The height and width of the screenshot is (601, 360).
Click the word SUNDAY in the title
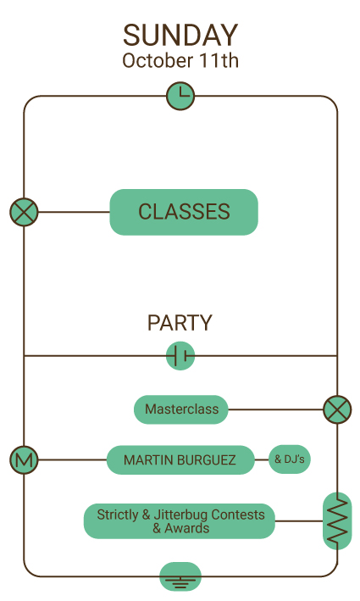tap(180, 36)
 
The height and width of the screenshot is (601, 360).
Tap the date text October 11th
tap(180, 60)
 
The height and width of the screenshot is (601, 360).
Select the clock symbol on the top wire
tap(180, 96)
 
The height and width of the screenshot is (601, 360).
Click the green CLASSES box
tap(184, 212)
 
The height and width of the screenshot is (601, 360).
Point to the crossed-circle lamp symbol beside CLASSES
tap(24, 212)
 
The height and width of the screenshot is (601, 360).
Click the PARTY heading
tap(180, 323)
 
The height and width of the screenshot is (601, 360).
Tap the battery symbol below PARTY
tap(180, 356)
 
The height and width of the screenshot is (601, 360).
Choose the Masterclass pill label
tap(181, 409)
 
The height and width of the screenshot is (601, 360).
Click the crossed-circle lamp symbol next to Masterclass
tap(337, 409)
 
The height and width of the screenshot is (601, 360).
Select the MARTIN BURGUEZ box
tap(180, 459)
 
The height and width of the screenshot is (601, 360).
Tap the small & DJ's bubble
tap(290, 459)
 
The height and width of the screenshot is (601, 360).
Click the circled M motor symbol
tap(24, 459)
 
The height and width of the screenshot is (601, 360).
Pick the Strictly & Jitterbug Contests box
tap(180, 520)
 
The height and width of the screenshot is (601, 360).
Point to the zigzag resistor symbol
tap(337, 520)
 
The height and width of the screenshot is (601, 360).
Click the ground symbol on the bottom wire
tap(180, 576)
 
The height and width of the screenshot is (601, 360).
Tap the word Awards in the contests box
tap(187, 528)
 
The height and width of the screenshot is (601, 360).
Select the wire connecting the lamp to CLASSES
tap(74, 212)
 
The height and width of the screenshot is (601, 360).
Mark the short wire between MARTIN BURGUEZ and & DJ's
tap(262, 459)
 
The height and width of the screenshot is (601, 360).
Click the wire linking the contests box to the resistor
tap(299, 520)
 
